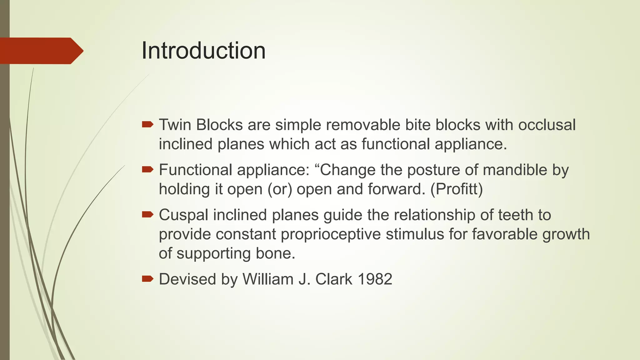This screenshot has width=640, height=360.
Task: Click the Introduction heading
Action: [x=203, y=51]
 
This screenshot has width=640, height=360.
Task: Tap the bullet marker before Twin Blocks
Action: [x=147, y=125]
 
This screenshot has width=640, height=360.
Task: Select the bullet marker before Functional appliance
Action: [x=147, y=170]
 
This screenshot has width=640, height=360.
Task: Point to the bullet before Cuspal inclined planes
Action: [x=147, y=215]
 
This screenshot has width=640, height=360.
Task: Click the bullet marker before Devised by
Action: [x=147, y=279]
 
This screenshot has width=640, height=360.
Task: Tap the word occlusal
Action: [x=547, y=125]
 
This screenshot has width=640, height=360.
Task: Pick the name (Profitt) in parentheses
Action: [x=457, y=189]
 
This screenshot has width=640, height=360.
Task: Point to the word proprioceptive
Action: [x=331, y=234]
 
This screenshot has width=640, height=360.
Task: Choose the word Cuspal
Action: [x=183, y=215]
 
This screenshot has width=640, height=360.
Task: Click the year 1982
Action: [x=375, y=279]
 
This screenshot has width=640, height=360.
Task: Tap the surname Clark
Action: [x=334, y=279]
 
